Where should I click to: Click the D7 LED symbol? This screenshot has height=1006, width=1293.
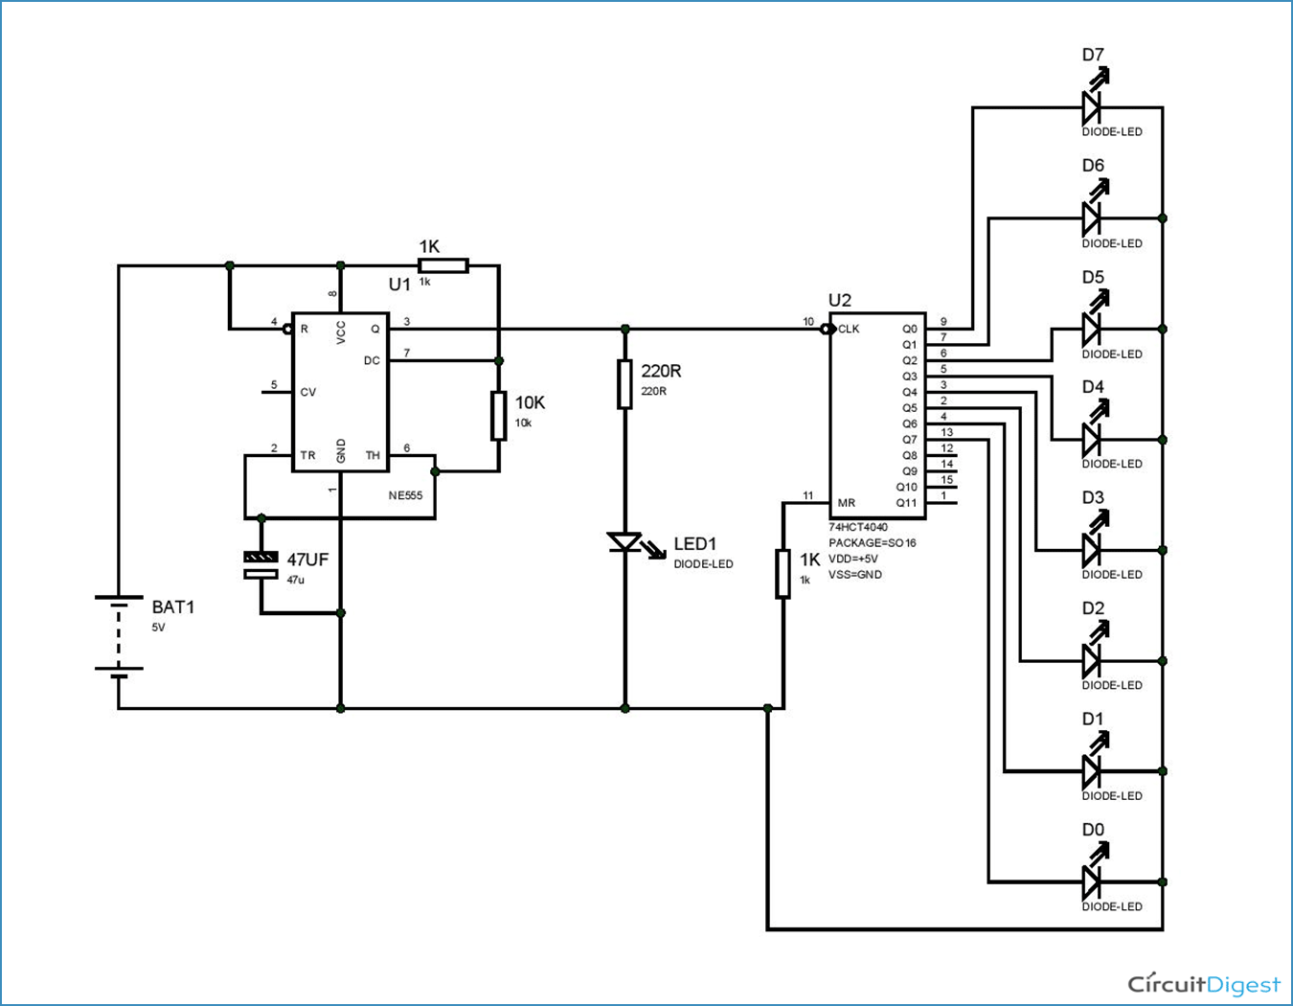(x=1092, y=106)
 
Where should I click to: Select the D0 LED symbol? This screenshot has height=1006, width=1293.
(x=1092, y=880)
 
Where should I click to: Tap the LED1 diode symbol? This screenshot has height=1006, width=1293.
(x=625, y=543)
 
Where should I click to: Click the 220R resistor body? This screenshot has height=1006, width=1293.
(x=624, y=384)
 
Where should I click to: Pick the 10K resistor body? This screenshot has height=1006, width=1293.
(x=498, y=416)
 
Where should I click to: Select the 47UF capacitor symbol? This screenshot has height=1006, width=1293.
(x=261, y=565)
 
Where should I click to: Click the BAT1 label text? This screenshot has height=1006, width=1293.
(x=173, y=606)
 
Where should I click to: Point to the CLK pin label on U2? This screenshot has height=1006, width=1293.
(x=849, y=329)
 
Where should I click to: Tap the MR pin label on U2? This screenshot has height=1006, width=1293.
(x=847, y=503)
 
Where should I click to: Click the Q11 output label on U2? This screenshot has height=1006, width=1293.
(x=906, y=503)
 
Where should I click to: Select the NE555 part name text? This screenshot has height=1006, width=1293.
(x=405, y=495)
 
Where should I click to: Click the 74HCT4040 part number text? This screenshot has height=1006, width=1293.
(x=858, y=527)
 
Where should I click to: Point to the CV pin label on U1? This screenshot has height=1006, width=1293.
(x=307, y=392)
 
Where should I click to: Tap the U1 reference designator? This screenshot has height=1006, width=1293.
(x=399, y=285)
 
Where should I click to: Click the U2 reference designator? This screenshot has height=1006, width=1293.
(x=840, y=300)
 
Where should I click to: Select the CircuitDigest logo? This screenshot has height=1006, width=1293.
(x=1203, y=984)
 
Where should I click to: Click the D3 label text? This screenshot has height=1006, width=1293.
(x=1093, y=497)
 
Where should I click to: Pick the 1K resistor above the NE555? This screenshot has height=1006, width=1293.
(x=443, y=265)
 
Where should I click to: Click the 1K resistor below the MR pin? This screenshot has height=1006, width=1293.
(x=783, y=574)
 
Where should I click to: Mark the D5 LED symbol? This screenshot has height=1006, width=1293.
(x=1092, y=329)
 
